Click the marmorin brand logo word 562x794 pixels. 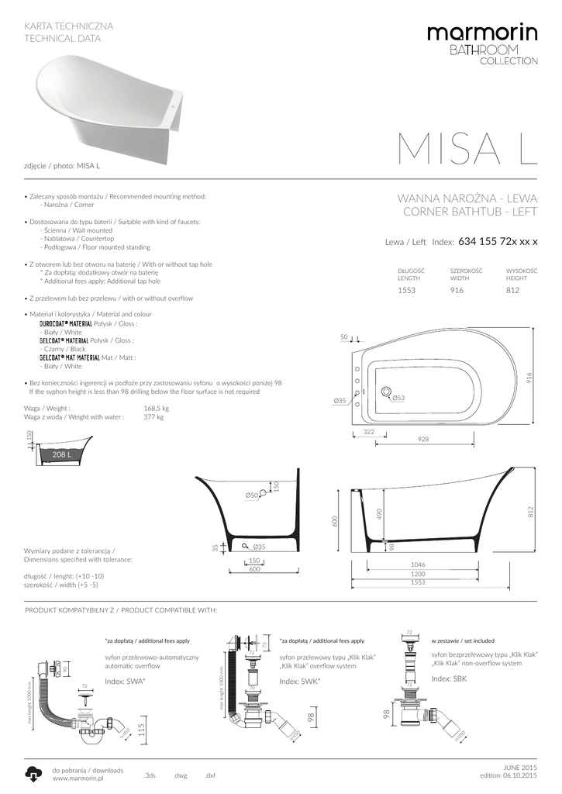point(481,34)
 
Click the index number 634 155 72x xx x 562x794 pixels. point(498,241)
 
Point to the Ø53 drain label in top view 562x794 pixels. point(399,398)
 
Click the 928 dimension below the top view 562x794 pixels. point(422,440)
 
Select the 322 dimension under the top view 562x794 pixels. point(369,431)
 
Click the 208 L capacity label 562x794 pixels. point(61,454)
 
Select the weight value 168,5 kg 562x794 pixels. point(156,408)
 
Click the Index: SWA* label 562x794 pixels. point(126,681)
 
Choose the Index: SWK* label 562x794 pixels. point(300,681)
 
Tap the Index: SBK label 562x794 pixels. point(449,678)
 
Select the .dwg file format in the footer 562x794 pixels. point(181,775)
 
